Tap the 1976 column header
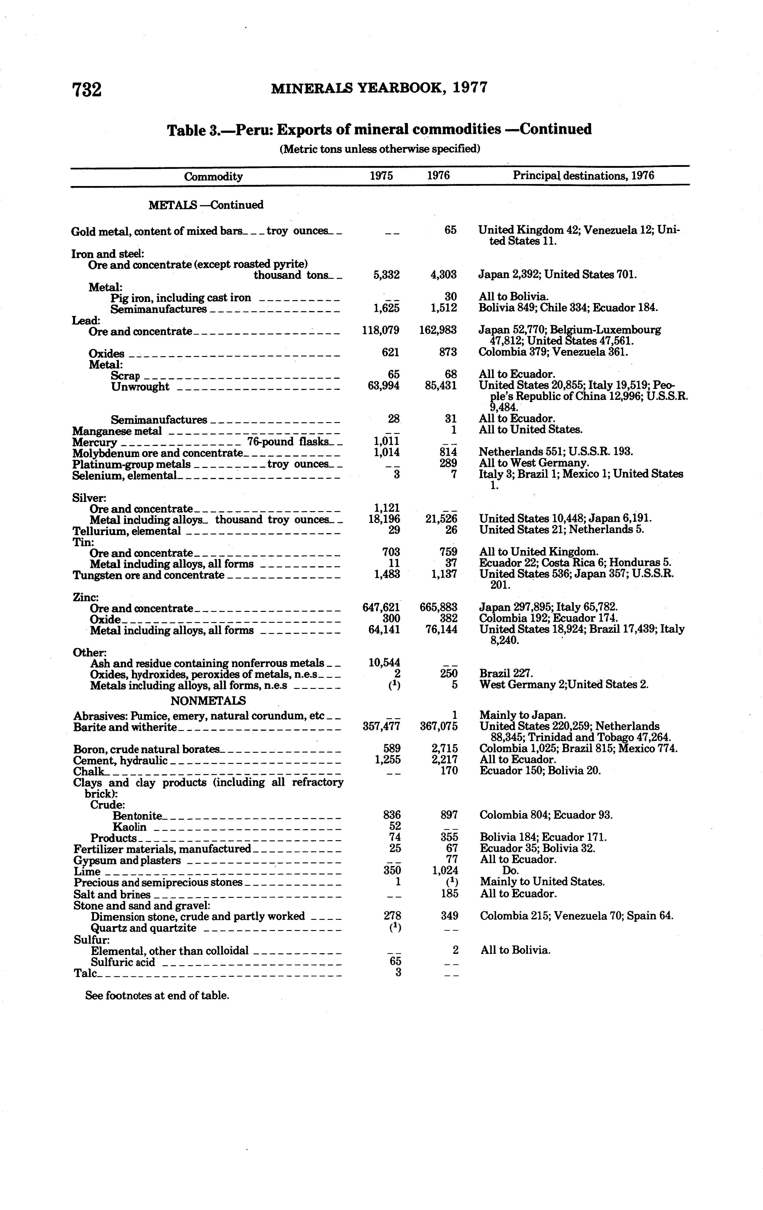438,176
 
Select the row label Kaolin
130,827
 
